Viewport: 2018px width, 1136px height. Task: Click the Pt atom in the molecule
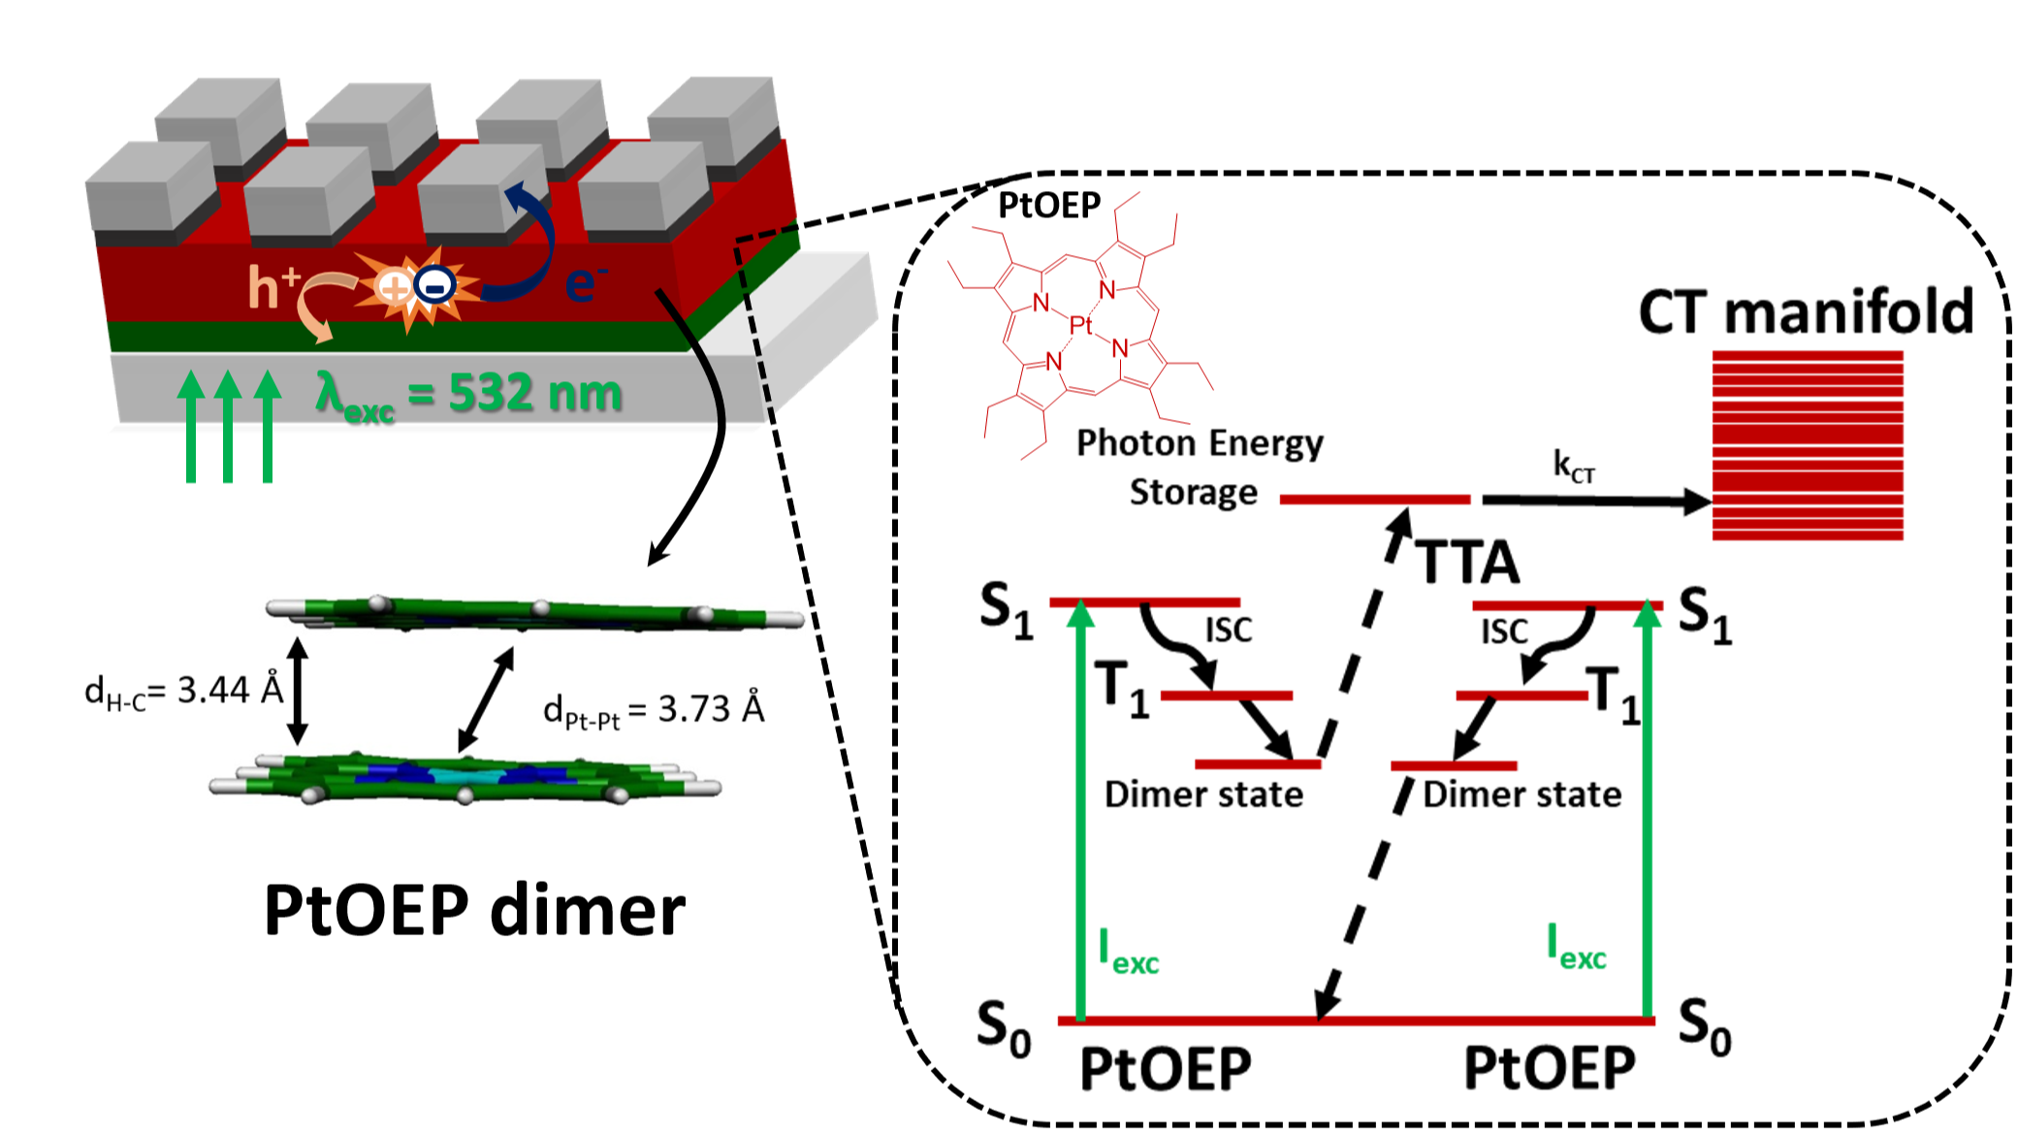coord(1080,326)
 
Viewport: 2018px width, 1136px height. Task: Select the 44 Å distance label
coord(245,690)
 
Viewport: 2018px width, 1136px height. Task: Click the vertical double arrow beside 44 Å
coord(297,691)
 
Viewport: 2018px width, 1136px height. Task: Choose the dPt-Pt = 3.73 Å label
coord(654,709)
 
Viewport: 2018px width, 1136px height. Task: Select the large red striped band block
coord(1808,445)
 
